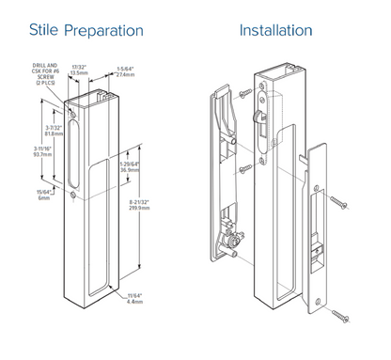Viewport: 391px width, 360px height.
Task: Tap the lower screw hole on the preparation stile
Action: tap(73, 195)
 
